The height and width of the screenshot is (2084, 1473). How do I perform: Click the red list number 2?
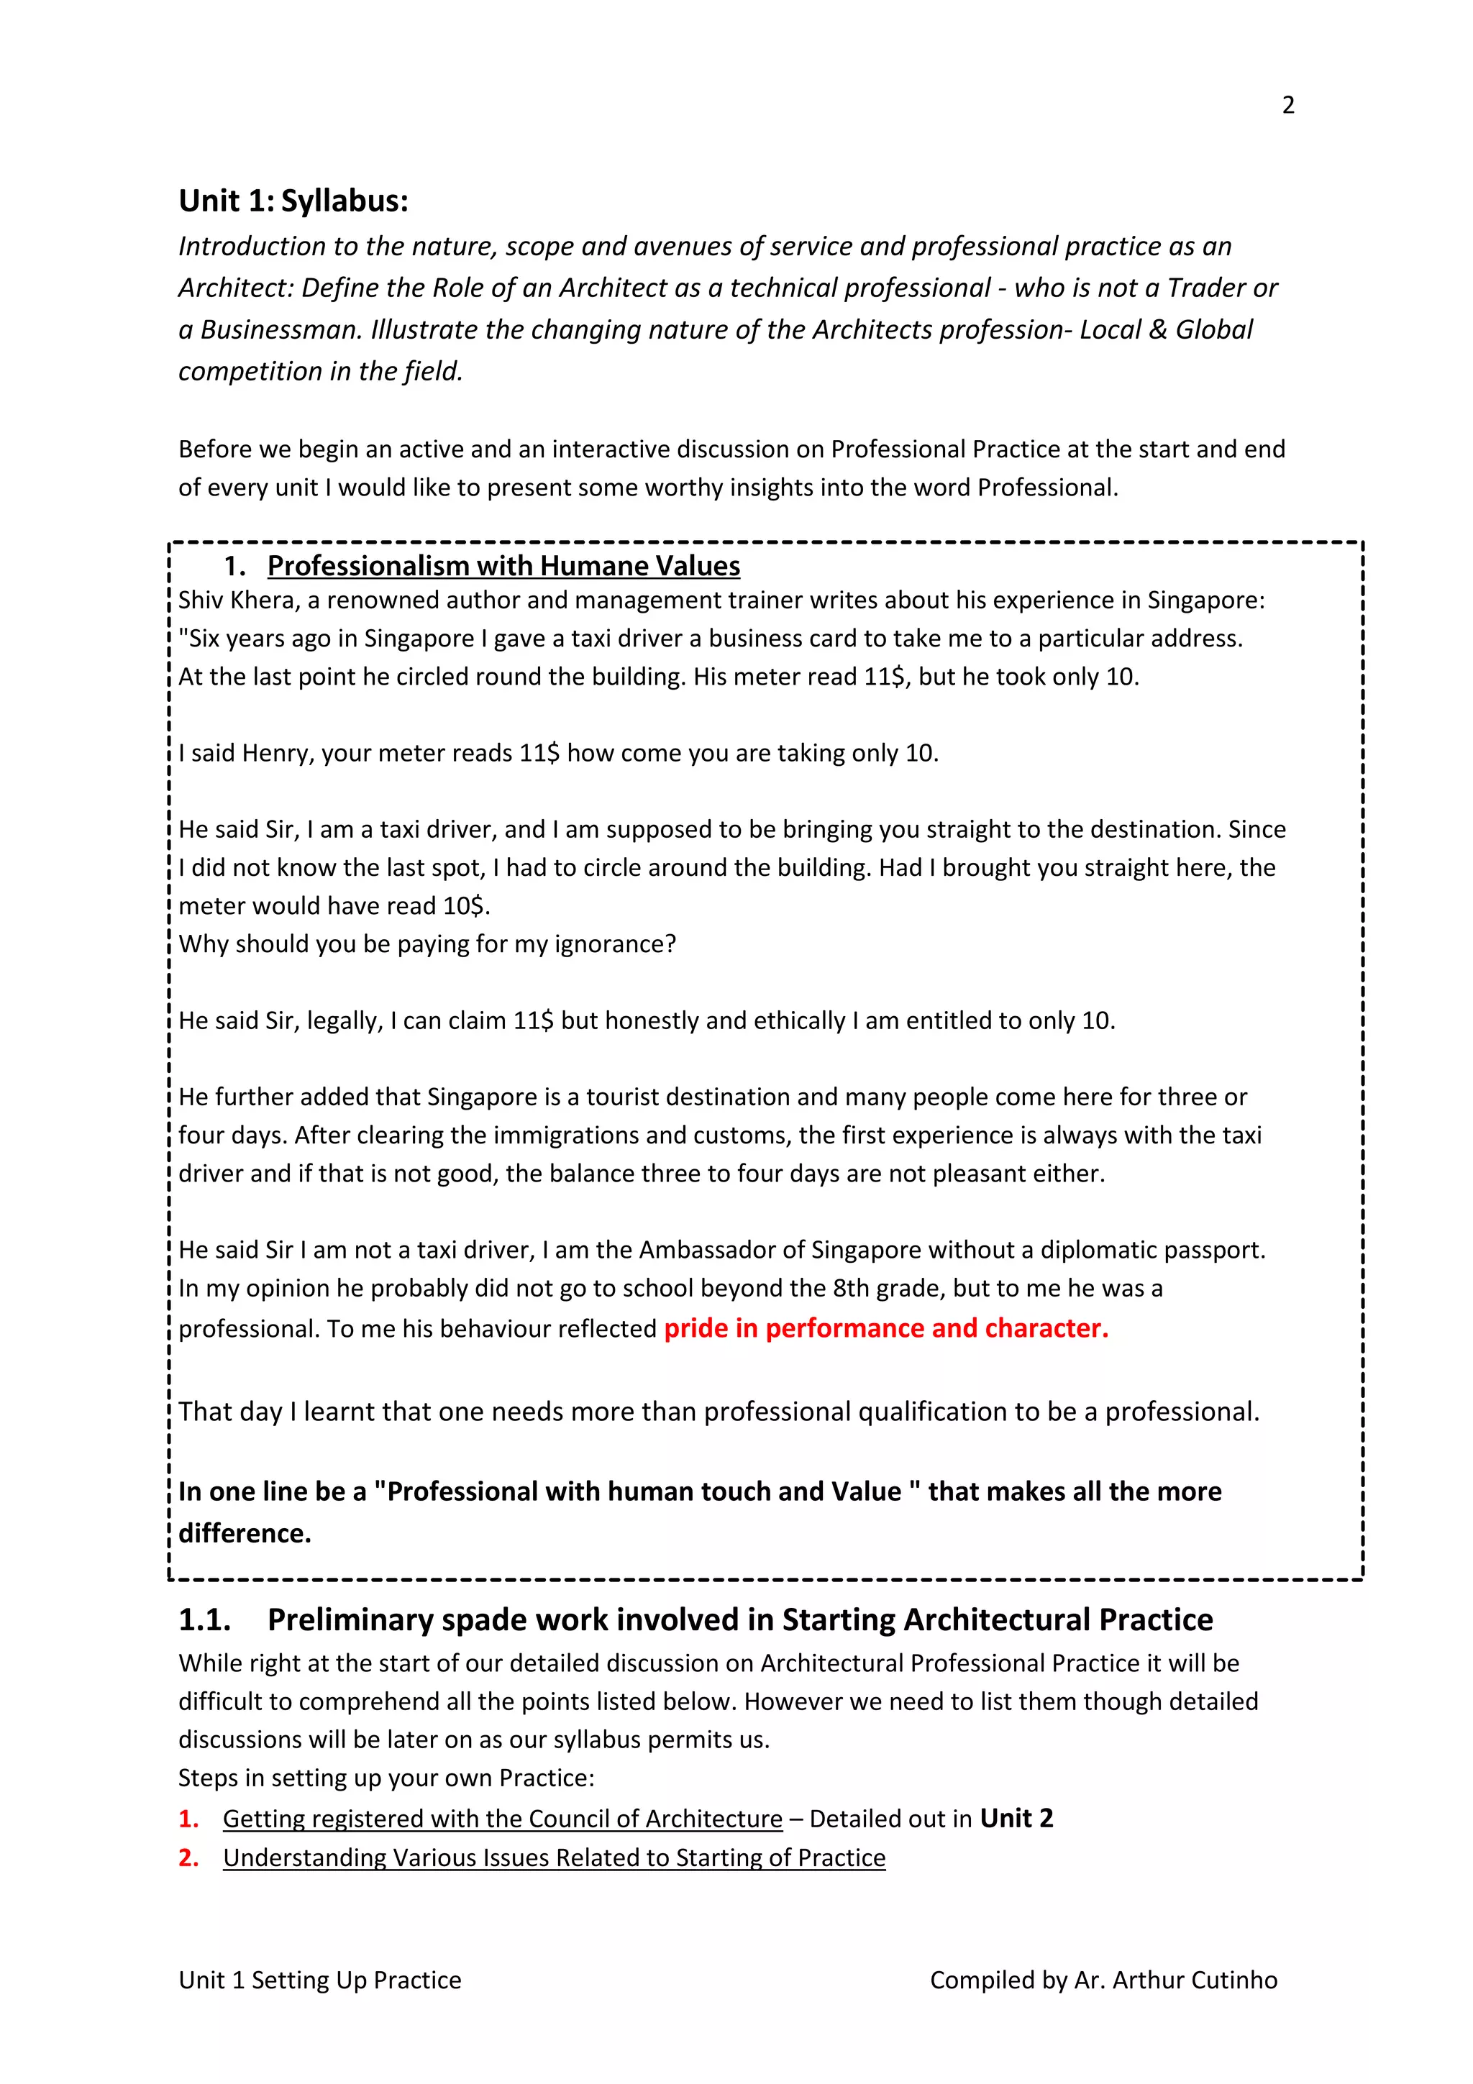coord(188,1858)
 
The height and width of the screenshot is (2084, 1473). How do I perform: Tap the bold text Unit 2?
coord(1016,1818)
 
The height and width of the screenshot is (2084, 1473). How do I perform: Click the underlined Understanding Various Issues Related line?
coord(554,1858)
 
